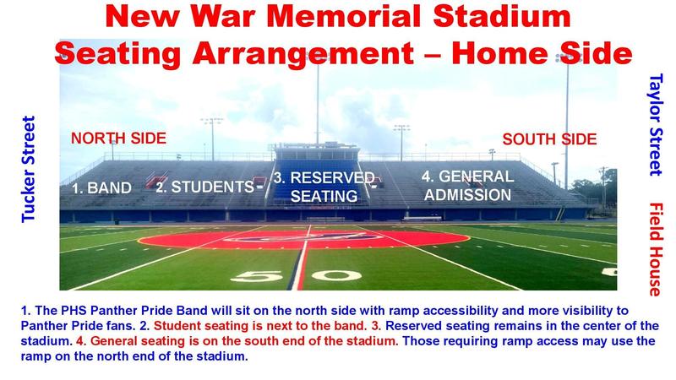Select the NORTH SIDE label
click(x=117, y=138)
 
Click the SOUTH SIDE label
click(x=550, y=138)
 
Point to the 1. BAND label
click(x=101, y=188)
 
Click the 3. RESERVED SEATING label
click(x=324, y=187)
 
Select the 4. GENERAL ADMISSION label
click(x=467, y=186)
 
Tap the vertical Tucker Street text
click(x=28, y=169)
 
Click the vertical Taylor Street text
click(x=654, y=124)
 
